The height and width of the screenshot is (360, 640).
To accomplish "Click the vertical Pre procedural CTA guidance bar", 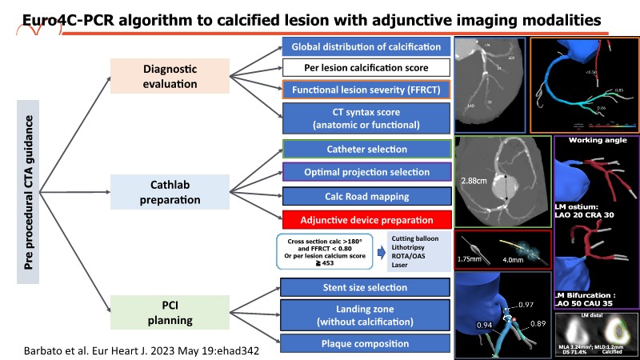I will click(29, 191).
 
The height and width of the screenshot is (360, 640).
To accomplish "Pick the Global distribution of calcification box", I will click(366, 47).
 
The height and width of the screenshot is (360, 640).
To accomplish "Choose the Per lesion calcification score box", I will click(366, 68).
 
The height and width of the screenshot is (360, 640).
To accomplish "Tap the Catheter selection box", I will click(366, 150).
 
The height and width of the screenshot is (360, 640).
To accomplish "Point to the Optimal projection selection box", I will click(366, 172).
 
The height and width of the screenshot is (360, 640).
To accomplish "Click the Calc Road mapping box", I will click(366, 196).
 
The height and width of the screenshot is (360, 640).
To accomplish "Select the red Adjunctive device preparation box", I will click(366, 219).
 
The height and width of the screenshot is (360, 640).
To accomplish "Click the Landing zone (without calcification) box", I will click(366, 315).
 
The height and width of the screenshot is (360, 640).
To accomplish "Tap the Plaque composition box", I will click(366, 344).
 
